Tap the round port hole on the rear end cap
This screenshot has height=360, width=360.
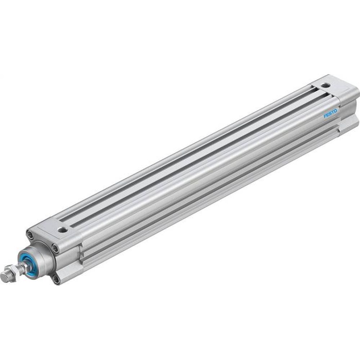(326, 86)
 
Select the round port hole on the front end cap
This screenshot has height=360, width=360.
(64, 229)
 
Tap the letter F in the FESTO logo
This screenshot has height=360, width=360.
(324, 116)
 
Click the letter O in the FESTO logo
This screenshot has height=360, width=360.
(335, 111)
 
